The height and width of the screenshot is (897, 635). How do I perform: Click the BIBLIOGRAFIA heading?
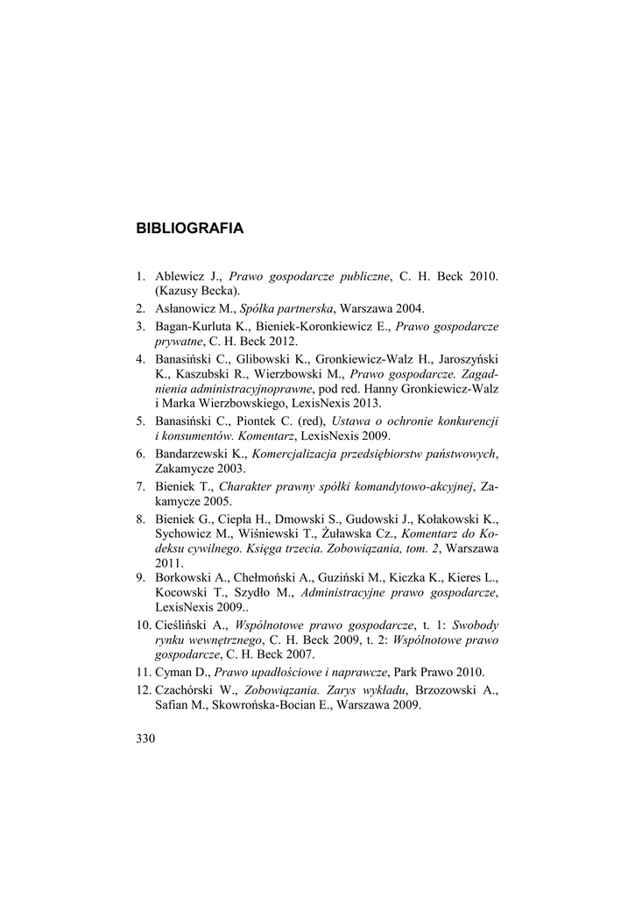189,229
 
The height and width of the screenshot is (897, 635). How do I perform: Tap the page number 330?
145,738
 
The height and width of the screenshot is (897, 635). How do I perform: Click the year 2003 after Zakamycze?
222,469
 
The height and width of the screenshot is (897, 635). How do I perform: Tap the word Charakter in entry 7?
248,486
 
